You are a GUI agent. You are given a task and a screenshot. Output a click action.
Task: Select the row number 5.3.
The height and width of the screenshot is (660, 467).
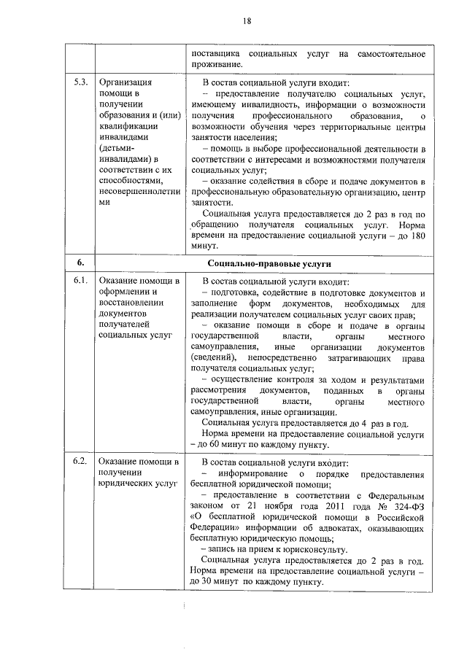(81, 82)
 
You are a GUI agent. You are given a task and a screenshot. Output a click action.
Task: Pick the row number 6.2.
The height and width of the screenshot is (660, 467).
(81, 462)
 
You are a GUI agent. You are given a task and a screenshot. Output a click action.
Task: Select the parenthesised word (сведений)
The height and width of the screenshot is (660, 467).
(212, 360)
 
